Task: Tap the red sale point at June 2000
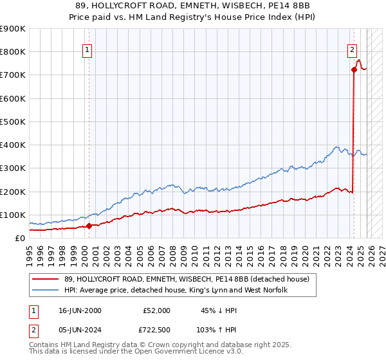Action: [x=89, y=226]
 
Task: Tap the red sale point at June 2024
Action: [x=354, y=69]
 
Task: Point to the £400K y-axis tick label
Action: [x=12, y=145]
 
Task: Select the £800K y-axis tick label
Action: [x=12, y=52]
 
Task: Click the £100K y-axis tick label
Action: [x=12, y=215]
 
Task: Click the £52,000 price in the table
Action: [x=156, y=310]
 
